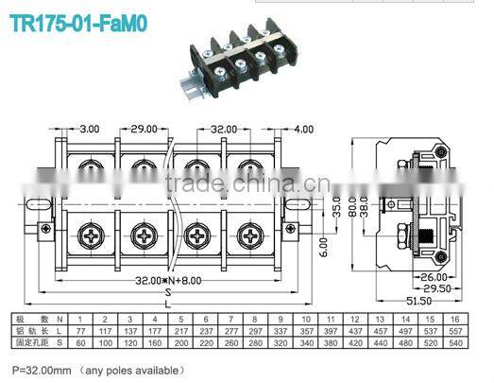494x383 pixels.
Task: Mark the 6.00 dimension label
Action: pos(322,248)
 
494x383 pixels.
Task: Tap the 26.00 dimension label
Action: pos(435,277)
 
